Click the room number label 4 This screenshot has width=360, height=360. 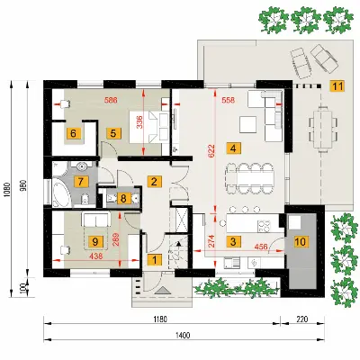click(x=234, y=148)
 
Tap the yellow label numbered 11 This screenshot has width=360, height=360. click(x=337, y=86)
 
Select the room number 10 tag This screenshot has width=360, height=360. click(x=301, y=241)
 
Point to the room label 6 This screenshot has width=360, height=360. click(x=74, y=132)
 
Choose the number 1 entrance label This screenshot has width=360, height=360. click(x=155, y=259)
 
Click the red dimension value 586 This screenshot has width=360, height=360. click(x=111, y=100)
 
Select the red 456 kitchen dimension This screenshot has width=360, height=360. click(x=261, y=247)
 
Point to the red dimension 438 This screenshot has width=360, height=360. click(x=96, y=256)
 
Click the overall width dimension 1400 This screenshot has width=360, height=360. click(x=183, y=335)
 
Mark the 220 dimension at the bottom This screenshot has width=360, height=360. click(x=301, y=319)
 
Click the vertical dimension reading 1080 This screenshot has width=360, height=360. click(x=7, y=191)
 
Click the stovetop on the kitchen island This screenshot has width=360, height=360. click(x=265, y=227)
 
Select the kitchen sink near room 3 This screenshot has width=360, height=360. click(x=231, y=263)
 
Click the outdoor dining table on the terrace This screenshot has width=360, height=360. click(x=322, y=131)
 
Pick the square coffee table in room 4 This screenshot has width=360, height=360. click(x=247, y=125)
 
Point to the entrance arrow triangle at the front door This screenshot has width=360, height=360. click(x=162, y=291)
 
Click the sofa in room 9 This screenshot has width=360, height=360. click(x=96, y=220)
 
